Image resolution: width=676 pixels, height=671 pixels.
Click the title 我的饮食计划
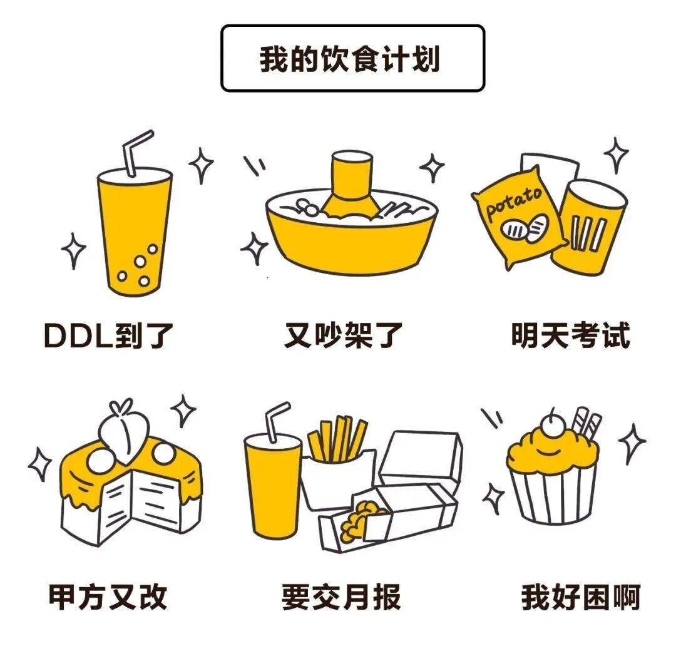349,59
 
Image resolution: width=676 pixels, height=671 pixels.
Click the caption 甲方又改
108,597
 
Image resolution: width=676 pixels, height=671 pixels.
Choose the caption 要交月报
341,597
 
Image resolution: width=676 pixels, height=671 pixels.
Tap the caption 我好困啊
581,597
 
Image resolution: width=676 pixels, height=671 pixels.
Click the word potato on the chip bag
513,203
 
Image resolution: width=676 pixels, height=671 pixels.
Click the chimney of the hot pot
351,183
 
